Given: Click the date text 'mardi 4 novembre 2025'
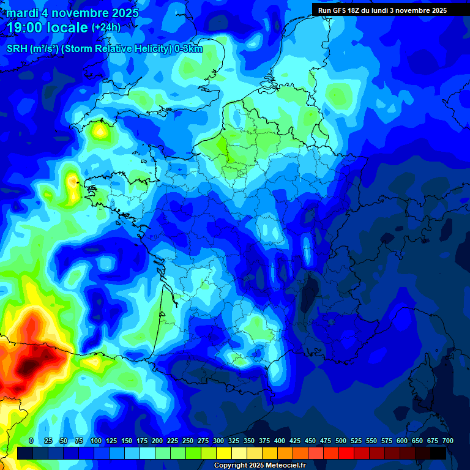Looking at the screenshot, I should pyautogui.click(x=72, y=13).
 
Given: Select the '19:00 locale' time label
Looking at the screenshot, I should pyautogui.click(x=47, y=28).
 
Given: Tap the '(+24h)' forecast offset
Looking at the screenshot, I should pyautogui.click(x=106, y=28).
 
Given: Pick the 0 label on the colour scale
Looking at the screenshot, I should pyautogui.click(x=31, y=441).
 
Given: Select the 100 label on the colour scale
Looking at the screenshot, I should pyautogui.click(x=96, y=441).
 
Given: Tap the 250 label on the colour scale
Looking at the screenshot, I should pyautogui.click(x=188, y=441).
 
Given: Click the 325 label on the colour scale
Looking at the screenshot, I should pyautogui.click(x=234, y=441).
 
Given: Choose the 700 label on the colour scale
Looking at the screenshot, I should pyautogui.click(x=447, y=441).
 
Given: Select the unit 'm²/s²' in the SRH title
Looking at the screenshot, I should pyautogui.click(x=43, y=49).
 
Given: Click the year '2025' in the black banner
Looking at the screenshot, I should pyautogui.click(x=436, y=10).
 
